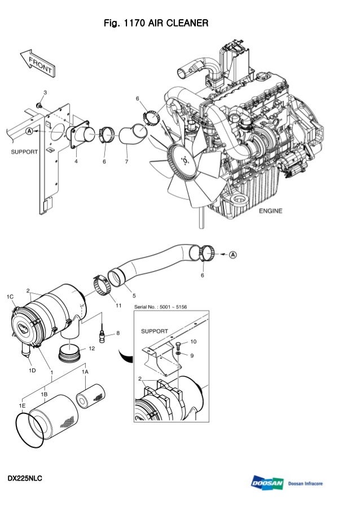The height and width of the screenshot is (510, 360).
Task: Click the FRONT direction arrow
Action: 38,63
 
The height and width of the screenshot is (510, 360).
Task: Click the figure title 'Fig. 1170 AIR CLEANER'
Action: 156,23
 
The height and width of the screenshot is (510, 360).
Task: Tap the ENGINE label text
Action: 270,211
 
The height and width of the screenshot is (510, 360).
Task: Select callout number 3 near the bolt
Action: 45,93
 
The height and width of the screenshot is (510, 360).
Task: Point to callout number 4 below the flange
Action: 76,161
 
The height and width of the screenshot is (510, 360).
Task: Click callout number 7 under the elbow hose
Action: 126,162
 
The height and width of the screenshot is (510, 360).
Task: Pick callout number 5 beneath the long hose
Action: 134,295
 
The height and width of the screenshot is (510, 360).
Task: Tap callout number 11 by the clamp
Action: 118,306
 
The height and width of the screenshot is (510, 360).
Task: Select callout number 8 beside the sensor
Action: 118,333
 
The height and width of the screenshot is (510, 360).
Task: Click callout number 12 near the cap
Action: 92,348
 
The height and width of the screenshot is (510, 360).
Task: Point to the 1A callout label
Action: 85,372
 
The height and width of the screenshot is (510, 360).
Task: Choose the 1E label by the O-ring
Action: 22,406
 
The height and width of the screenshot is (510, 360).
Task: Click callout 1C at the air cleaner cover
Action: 10,297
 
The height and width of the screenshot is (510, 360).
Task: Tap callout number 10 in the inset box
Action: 194,342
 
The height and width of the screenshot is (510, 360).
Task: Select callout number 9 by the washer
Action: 192,355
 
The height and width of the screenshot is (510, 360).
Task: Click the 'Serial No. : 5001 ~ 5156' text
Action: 160,307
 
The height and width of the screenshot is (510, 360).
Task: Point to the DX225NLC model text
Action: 25,478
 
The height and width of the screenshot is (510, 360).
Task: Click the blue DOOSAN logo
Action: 267,483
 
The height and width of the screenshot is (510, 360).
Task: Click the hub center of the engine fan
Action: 185,160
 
